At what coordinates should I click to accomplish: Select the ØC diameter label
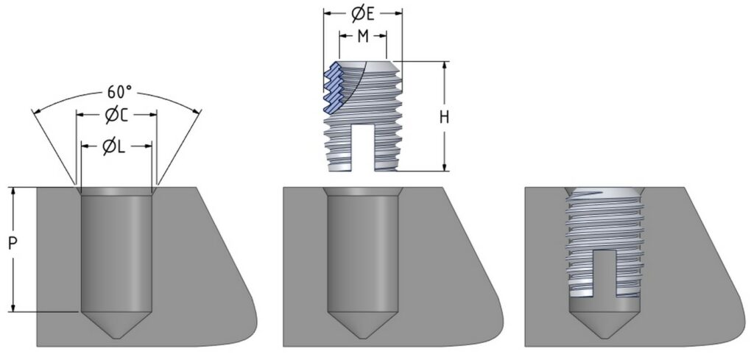pos(116,116)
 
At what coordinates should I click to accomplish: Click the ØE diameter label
pos(362,13)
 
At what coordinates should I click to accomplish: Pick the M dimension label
pos(362,37)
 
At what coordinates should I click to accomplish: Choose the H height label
pos(444,116)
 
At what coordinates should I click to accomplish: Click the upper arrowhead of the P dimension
pos(13,191)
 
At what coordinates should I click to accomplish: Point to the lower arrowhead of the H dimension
pos(444,168)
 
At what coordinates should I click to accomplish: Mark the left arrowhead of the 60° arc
pos(35,112)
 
